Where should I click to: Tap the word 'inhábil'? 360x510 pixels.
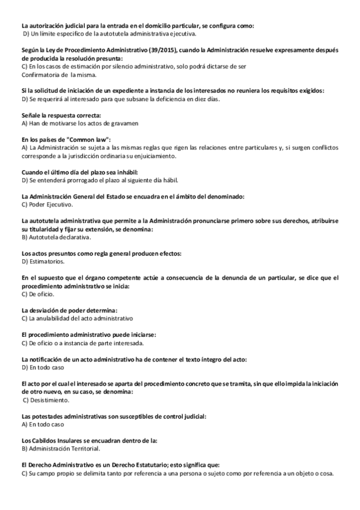click(126, 172)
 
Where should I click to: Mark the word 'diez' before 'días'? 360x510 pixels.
click(202, 99)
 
